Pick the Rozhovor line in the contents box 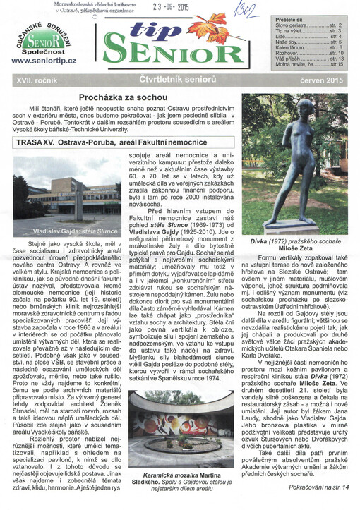315,53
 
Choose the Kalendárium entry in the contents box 315,47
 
